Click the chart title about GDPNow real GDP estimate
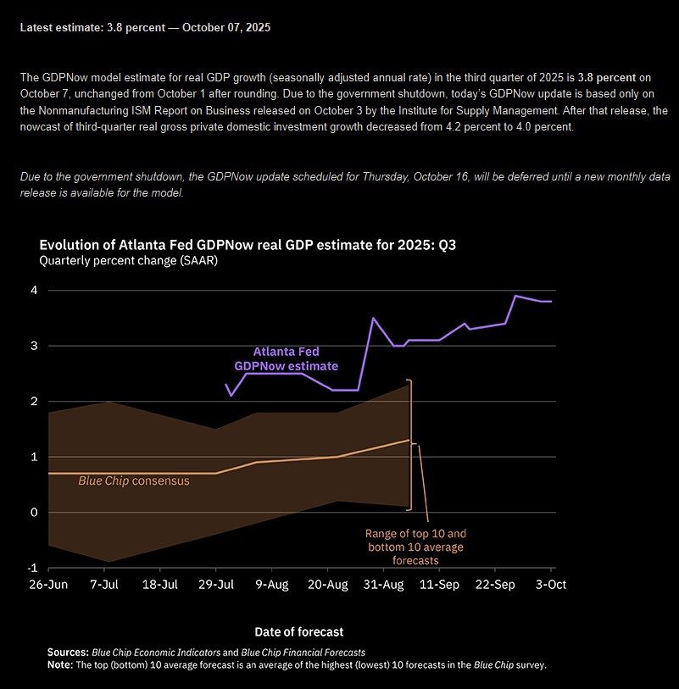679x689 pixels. click(253, 245)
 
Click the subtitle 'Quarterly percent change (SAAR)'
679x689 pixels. click(128, 261)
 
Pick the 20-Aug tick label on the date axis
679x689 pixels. click(327, 585)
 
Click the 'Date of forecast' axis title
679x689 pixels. click(298, 631)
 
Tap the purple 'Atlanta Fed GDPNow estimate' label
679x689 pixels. click(286, 358)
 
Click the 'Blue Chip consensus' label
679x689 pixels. click(133, 481)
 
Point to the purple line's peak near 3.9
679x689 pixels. click(515, 296)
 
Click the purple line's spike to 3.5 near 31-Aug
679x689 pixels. click(373, 318)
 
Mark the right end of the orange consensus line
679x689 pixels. click(409, 440)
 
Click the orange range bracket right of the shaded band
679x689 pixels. click(410, 444)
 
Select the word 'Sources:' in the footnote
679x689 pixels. click(68, 653)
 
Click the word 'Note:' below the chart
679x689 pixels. click(60, 664)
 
